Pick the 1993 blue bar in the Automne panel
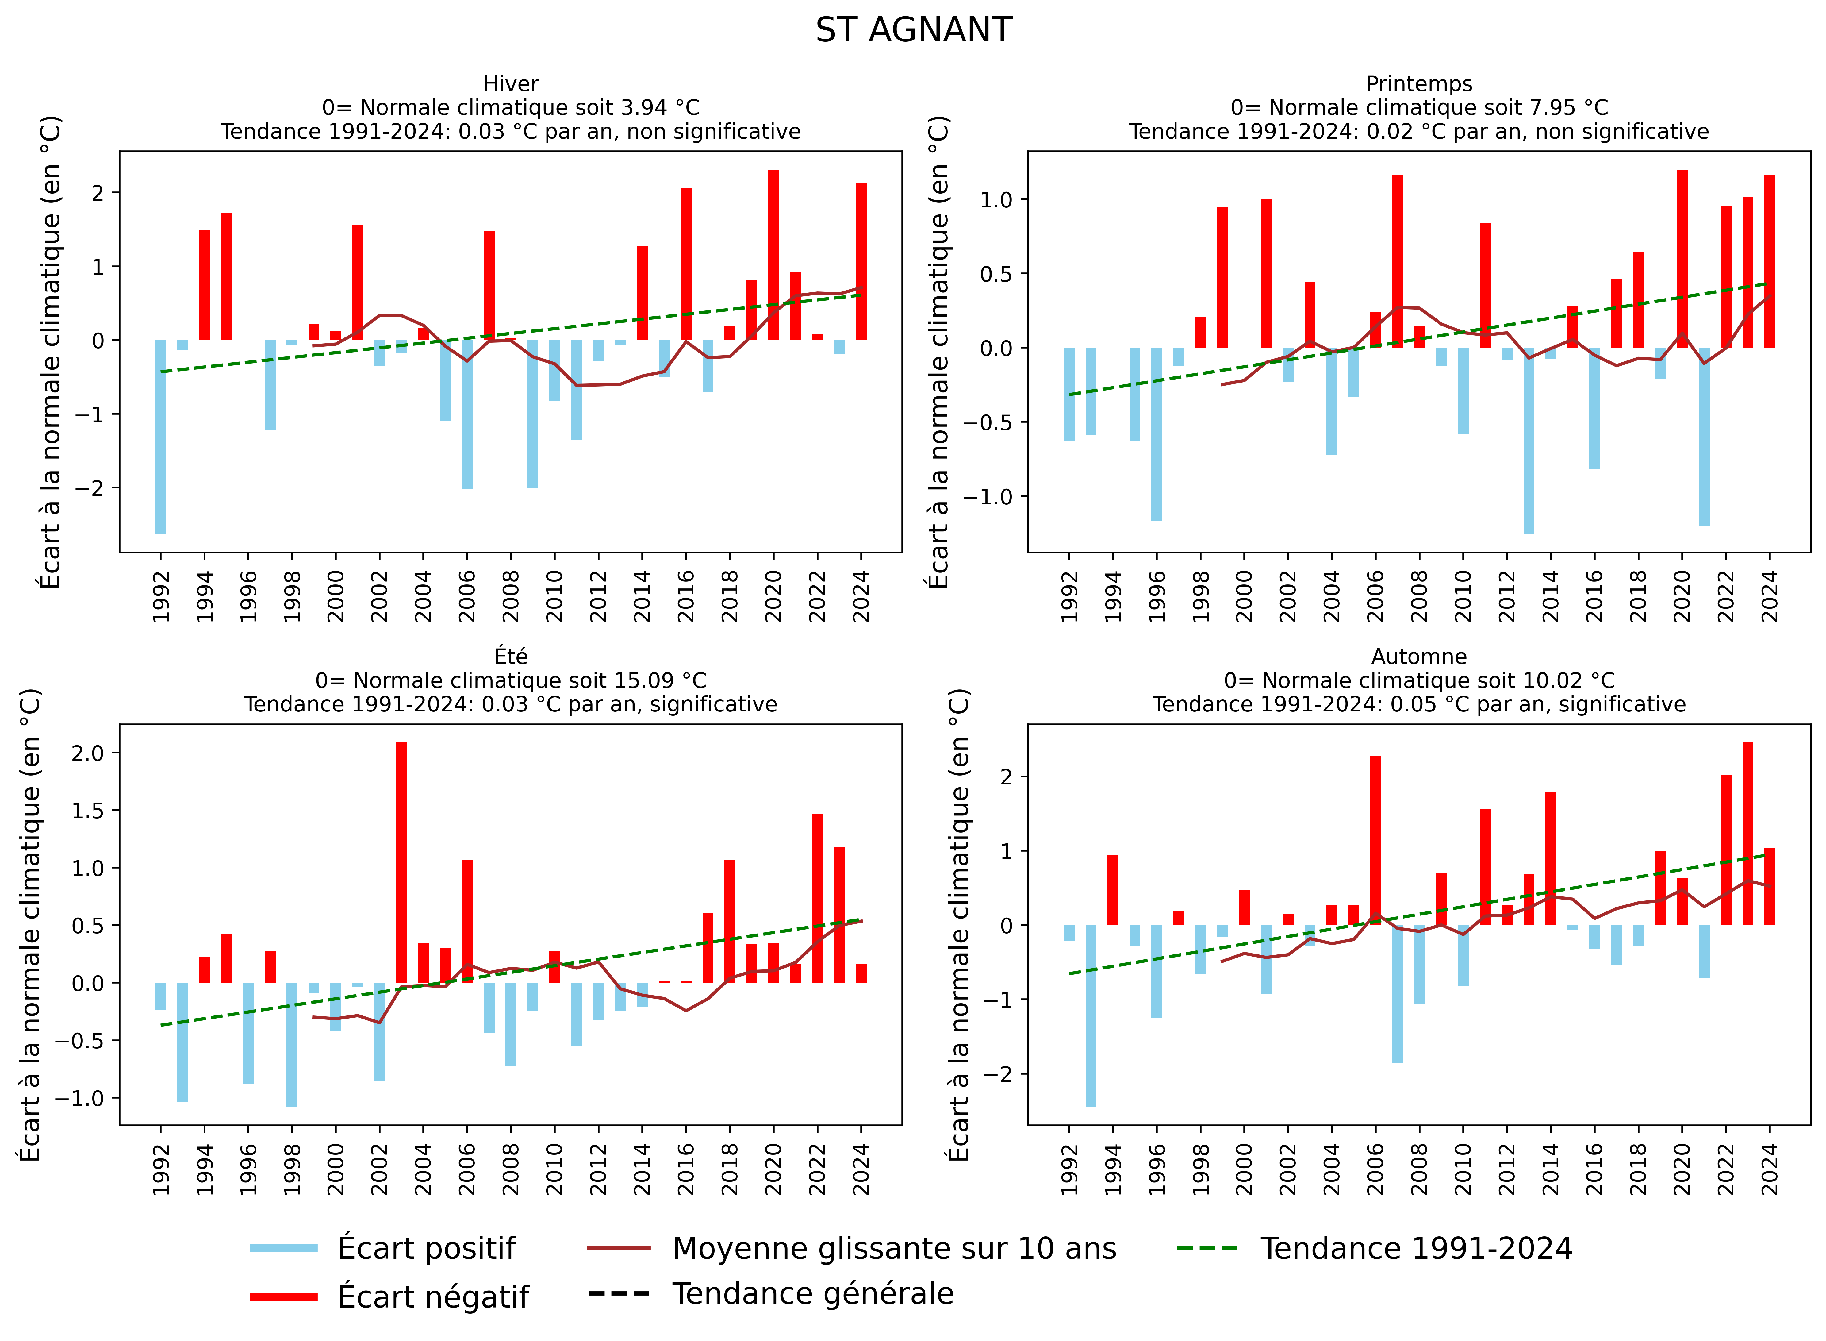1091,1015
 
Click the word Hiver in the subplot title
510,84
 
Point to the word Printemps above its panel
1419,84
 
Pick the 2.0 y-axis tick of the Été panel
88,753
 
